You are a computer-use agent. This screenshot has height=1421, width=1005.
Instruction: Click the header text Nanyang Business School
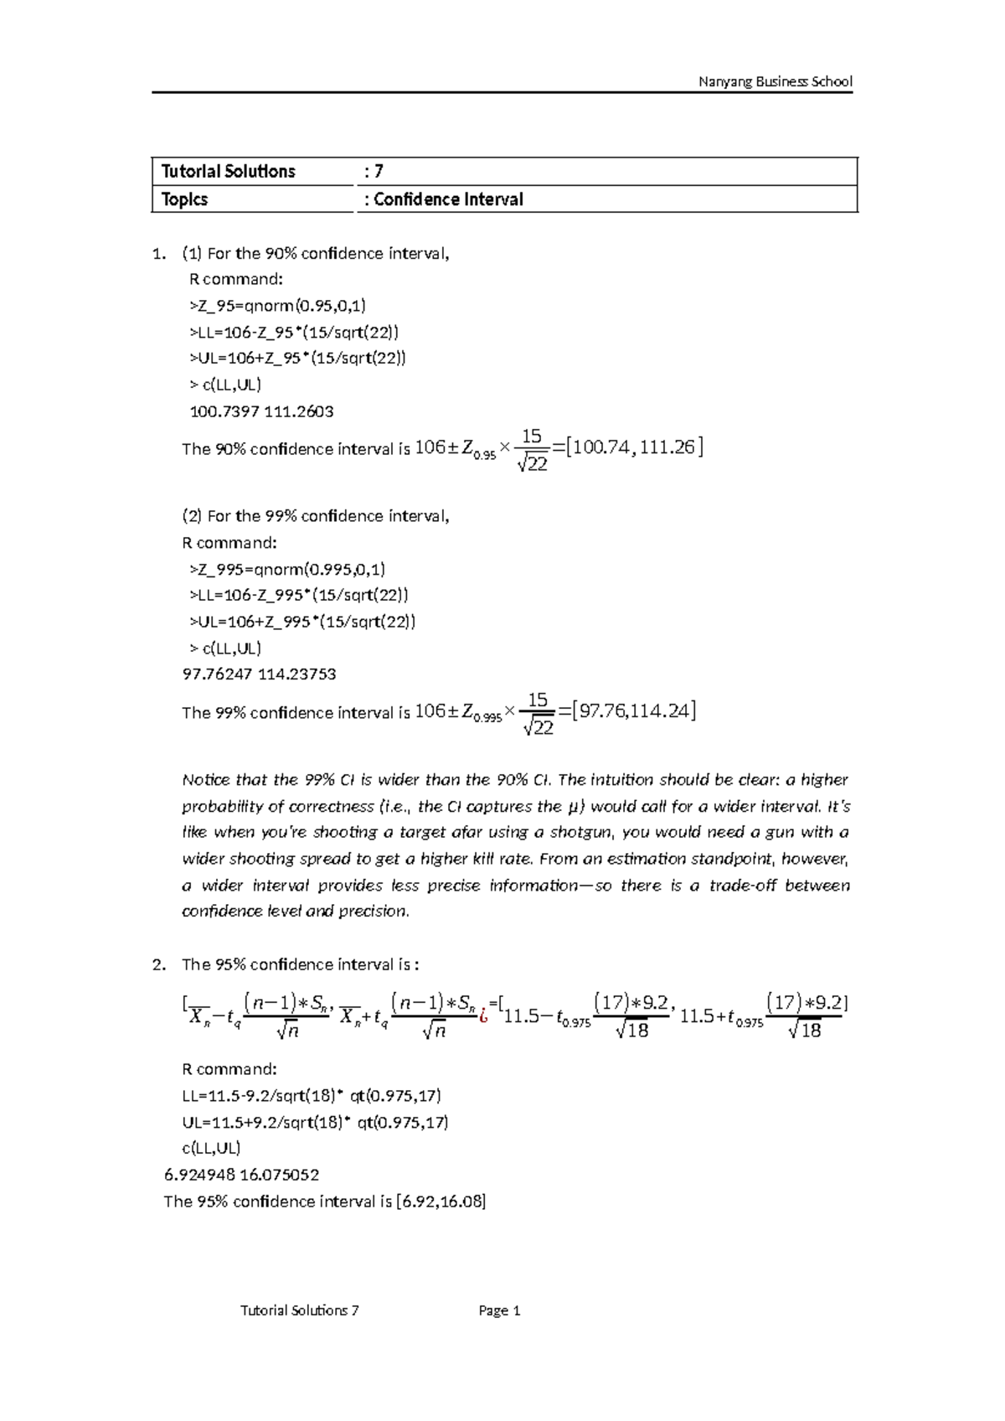[776, 81]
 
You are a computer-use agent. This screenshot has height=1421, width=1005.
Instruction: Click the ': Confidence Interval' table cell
[444, 199]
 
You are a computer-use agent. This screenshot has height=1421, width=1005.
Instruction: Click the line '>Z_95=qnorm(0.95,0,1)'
[278, 305]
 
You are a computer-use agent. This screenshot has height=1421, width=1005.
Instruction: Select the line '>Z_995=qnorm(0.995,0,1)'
[287, 569]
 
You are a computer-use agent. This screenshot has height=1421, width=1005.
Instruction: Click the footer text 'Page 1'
[500, 1310]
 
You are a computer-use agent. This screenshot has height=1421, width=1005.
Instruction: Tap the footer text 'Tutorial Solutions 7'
[299, 1310]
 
